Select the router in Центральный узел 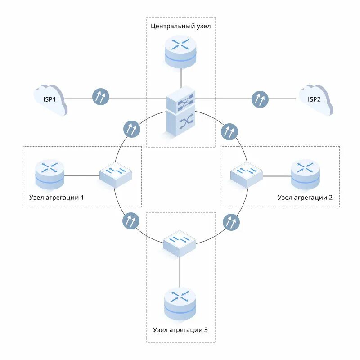pyautogui.click(x=181, y=52)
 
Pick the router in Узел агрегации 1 pyautogui.click(x=50, y=174)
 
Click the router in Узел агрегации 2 pyautogui.click(x=306, y=174)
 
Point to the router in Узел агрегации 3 pyautogui.click(x=180, y=303)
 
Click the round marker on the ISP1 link pyautogui.click(x=101, y=97)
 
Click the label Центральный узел pyautogui.click(x=181, y=26)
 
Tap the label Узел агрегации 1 pyautogui.click(x=56, y=198)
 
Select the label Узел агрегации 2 pyautogui.click(x=305, y=198)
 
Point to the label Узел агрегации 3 pyautogui.click(x=180, y=330)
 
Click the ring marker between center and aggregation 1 pyautogui.click(x=131, y=129)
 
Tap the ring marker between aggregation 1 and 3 pyautogui.click(x=130, y=221)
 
